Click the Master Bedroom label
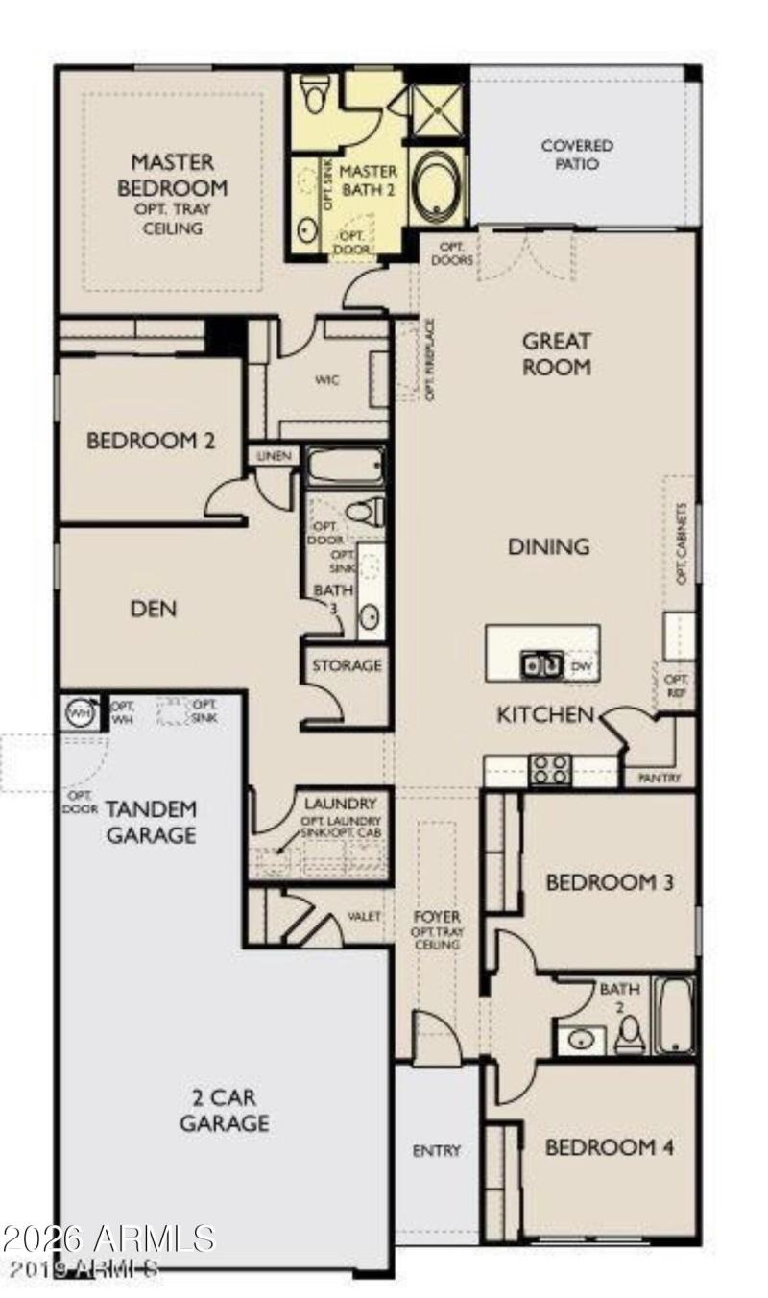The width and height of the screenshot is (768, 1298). coord(173,175)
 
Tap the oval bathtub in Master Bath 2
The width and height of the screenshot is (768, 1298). coord(437,185)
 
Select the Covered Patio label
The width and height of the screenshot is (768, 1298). coord(577,155)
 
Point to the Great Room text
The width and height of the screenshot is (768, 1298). coord(557,353)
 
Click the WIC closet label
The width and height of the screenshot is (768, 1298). coord(327,380)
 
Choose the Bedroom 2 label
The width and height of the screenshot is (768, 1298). coord(151,442)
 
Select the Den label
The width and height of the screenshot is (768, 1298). coord(154,609)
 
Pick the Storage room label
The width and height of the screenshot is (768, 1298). coord(347,664)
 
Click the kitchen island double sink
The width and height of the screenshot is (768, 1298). coord(541,664)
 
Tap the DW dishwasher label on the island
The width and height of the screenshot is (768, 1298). coord(581,665)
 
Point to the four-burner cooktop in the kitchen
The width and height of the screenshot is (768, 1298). coord(551,769)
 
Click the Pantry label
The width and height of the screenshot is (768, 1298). coord(660,778)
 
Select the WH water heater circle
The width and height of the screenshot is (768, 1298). coord(79,712)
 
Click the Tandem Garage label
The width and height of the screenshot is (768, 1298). coord(151,822)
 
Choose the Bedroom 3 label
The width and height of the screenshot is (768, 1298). coord(610,881)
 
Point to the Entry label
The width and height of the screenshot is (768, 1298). coord(437,1150)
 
